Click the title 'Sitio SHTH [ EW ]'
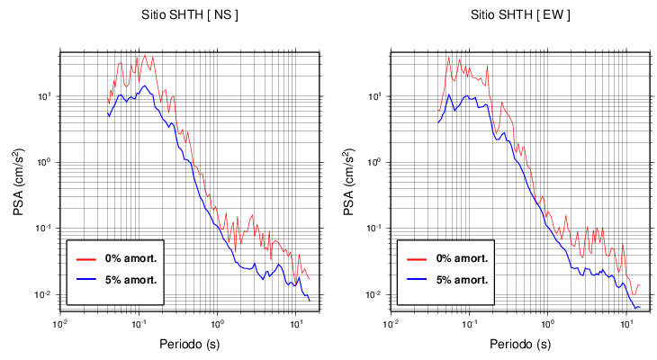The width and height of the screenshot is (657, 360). (517, 15)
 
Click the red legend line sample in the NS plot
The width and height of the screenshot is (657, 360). (86, 258)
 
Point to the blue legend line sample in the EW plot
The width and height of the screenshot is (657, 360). (417, 279)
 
